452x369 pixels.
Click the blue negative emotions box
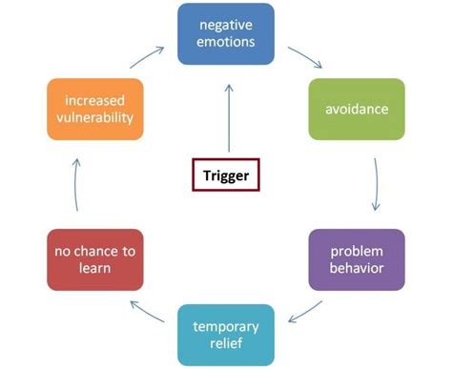pos(226,33)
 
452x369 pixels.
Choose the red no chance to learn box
pos(94,258)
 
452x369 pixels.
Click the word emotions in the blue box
pos(226,42)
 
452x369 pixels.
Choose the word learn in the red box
pos(94,268)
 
